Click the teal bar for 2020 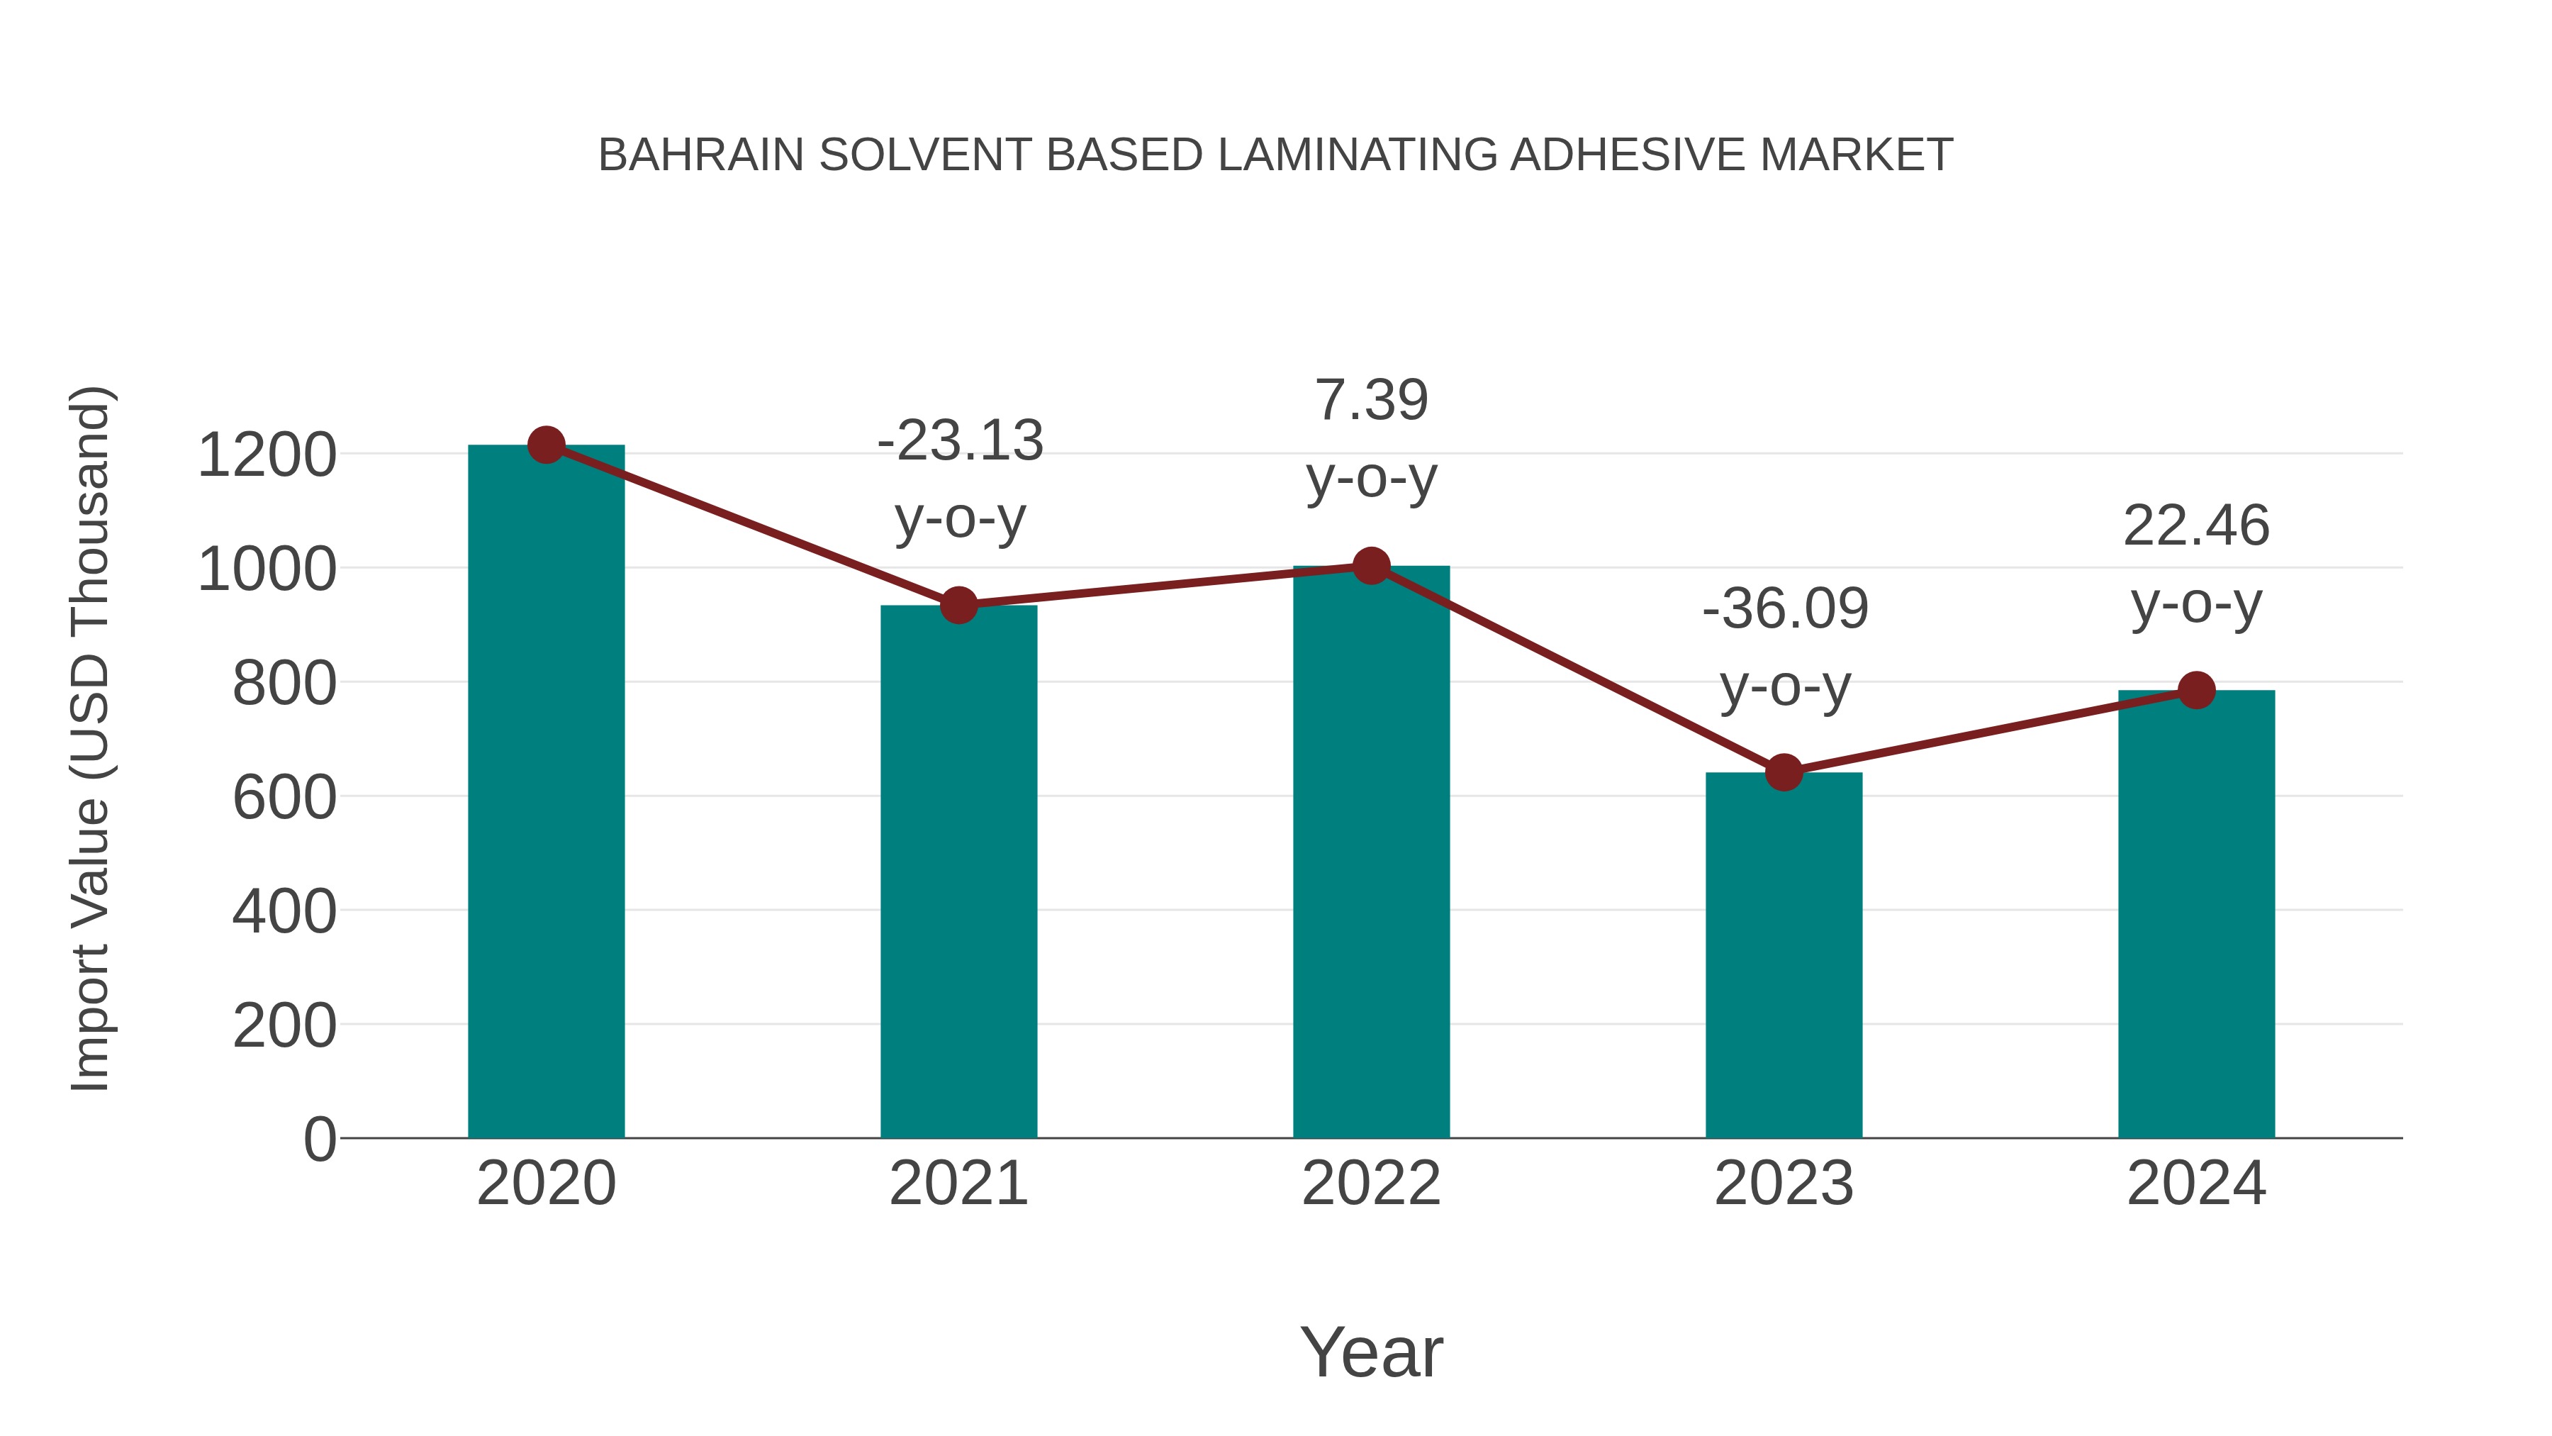546,793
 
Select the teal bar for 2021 958,872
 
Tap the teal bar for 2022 1371,852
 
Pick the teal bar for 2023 1784,957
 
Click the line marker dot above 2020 546,445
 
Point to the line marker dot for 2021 958,604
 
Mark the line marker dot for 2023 1784,772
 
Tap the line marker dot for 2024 2196,690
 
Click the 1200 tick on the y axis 267,456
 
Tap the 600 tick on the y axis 284,798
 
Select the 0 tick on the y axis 319,1140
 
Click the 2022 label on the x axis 1371,1184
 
